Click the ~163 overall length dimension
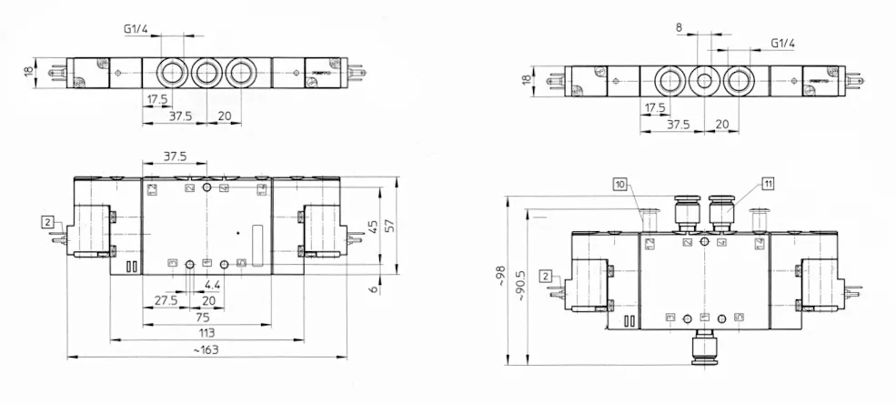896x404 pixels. point(206,349)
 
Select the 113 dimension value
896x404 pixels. point(206,333)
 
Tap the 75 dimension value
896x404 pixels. point(206,318)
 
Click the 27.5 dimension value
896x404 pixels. point(166,299)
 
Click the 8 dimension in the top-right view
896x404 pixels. point(678,28)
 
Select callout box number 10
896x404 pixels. point(619,184)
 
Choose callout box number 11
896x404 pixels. point(768,184)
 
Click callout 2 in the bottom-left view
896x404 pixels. point(47,220)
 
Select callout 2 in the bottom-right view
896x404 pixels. point(544,275)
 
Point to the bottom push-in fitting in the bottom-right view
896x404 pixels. point(703,348)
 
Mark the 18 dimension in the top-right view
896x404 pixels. point(527,79)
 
